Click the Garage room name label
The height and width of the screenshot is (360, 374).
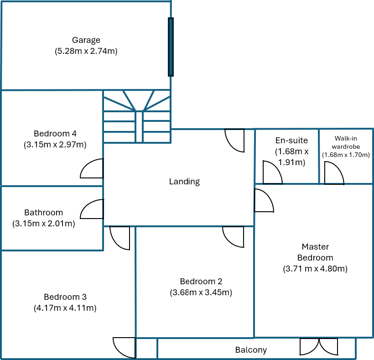click(x=86, y=40)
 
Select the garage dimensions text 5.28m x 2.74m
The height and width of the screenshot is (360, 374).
click(x=86, y=51)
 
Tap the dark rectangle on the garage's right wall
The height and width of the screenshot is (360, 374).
click(x=171, y=47)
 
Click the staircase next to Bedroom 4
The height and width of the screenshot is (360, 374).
click(x=137, y=117)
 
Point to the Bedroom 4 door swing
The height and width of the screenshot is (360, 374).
click(x=92, y=169)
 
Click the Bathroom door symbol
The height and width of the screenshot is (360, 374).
click(x=92, y=209)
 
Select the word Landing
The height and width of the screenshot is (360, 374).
click(x=184, y=182)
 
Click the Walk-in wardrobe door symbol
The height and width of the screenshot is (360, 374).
click(x=333, y=173)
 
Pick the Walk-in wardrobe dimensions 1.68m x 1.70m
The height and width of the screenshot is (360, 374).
click(x=346, y=155)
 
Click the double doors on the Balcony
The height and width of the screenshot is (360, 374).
click(x=319, y=347)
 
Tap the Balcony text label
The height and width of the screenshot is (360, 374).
click(x=251, y=350)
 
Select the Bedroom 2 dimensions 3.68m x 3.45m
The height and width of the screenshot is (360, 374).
click(x=201, y=292)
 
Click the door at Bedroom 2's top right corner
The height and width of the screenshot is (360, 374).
click(x=234, y=236)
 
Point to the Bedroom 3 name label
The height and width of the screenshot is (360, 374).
click(x=65, y=297)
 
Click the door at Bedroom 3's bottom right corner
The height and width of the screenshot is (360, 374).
click(x=125, y=347)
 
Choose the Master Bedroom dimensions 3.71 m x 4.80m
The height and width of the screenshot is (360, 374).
click(x=315, y=269)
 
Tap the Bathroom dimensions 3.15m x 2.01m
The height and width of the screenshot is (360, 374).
click(x=44, y=224)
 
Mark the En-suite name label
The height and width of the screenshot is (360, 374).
click(x=291, y=141)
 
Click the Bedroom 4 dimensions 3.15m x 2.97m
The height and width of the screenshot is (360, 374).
click(x=55, y=145)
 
